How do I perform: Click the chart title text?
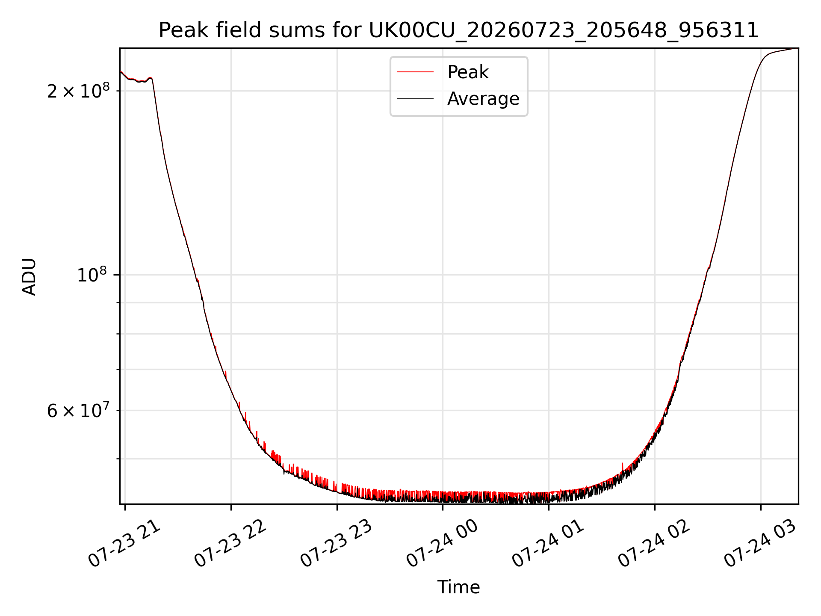(x=458, y=30)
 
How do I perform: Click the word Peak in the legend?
(x=468, y=72)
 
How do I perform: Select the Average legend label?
(x=483, y=99)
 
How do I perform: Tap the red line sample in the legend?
(x=415, y=72)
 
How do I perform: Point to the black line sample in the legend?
(x=415, y=99)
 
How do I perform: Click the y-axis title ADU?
(x=29, y=276)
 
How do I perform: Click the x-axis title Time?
(x=458, y=587)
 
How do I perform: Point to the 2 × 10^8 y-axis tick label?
(x=78, y=90)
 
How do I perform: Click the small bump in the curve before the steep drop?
(x=149, y=78)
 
